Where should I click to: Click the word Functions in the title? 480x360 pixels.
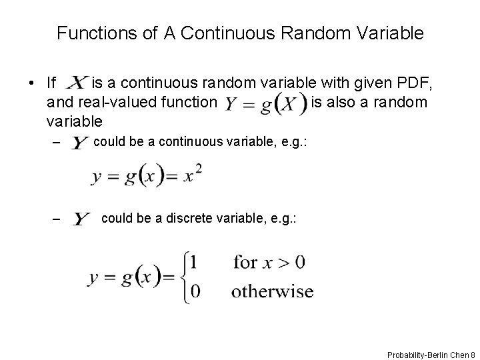point(89,33)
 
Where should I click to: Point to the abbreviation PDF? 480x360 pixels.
point(416,83)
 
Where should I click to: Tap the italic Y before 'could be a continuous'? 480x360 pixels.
point(81,144)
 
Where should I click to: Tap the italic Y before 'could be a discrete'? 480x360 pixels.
point(82,219)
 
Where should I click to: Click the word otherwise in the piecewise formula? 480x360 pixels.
point(272,291)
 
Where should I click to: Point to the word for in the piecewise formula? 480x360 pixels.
point(245,262)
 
